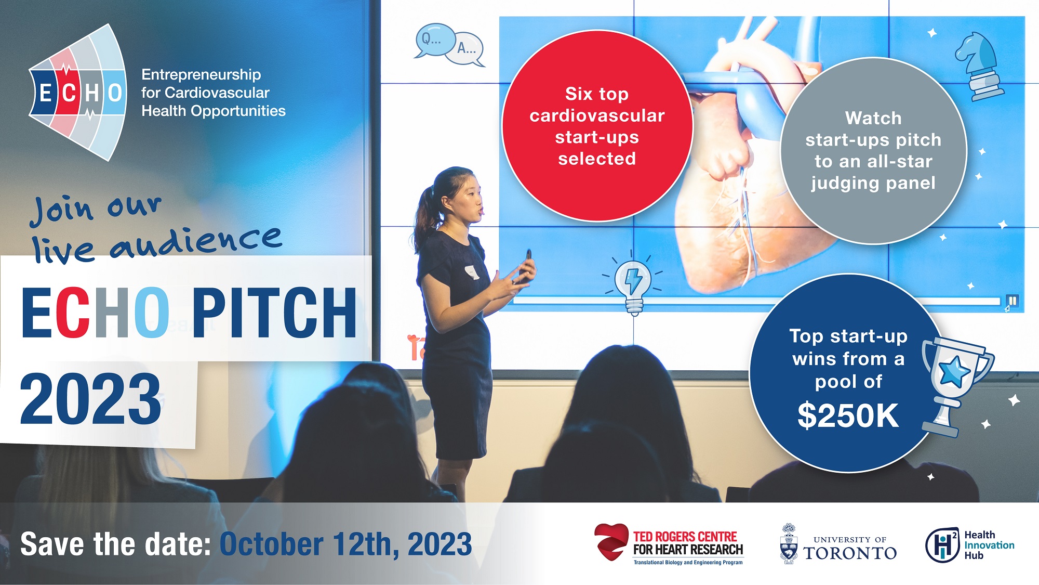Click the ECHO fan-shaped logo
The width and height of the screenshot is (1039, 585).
(x=78, y=93)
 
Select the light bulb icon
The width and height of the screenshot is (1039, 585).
(x=633, y=283)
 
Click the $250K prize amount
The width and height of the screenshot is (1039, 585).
(x=848, y=415)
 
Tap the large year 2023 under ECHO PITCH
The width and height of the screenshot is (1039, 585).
(x=90, y=399)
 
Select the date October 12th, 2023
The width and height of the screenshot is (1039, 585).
(x=346, y=544)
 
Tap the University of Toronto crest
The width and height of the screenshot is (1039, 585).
(x=789, y=543)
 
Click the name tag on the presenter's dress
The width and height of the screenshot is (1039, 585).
(x=472, y=272)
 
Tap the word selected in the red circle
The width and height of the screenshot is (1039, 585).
(x=597, y=159)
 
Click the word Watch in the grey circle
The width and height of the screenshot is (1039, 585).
(x=873, y=118)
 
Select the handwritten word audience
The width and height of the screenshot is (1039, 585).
(x=196, y=242)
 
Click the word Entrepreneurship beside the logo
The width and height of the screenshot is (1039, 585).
(x=201, y=75)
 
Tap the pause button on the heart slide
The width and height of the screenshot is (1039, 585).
(x=1013, y=301)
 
